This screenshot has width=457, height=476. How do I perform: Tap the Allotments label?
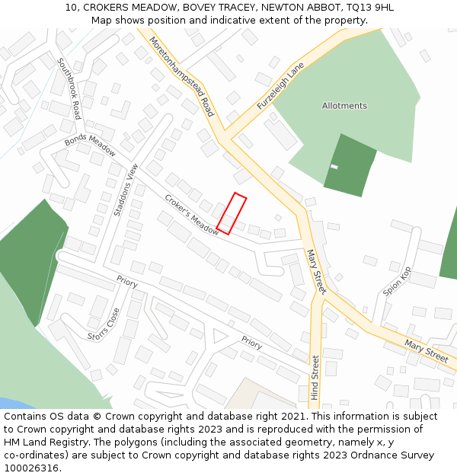(344, 106)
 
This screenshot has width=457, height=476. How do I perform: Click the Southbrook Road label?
(69, 89)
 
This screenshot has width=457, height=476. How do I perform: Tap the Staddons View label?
(126, 190)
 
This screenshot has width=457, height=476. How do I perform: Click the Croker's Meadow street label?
(191, 215)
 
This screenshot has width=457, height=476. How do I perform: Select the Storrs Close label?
(104, 324)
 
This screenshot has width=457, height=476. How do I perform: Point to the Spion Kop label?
(397, 281)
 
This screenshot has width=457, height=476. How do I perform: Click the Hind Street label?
(315, 378)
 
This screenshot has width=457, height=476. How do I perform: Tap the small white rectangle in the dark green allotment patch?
(334, 166)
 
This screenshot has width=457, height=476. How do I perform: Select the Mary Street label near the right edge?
(427, 351)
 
